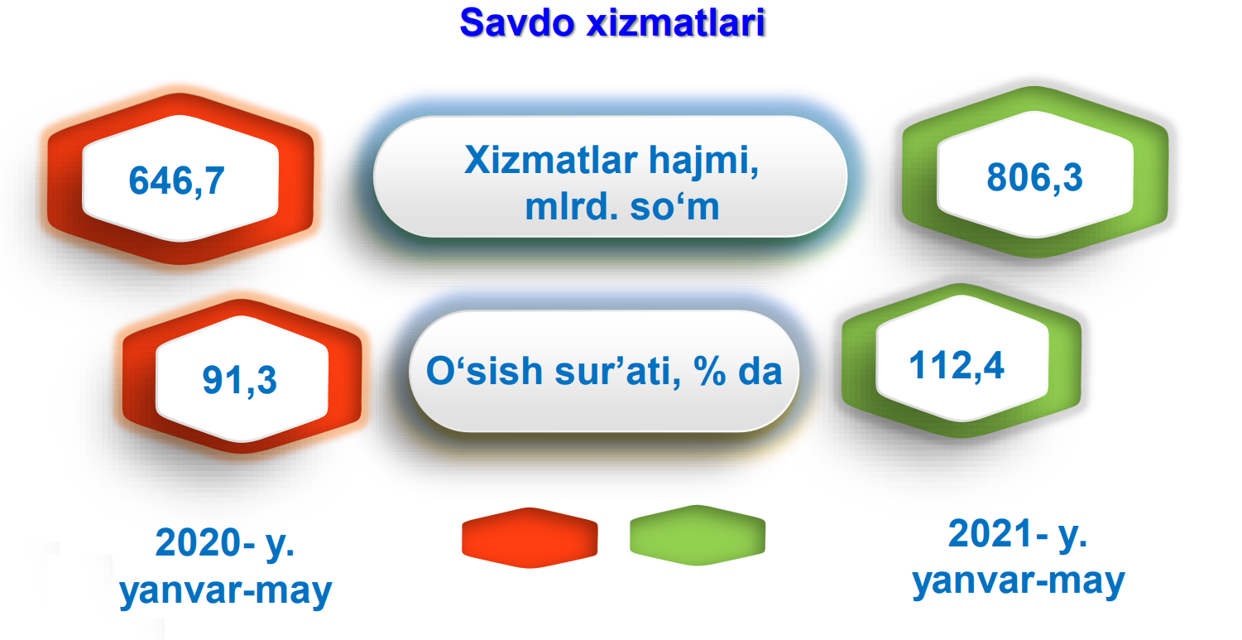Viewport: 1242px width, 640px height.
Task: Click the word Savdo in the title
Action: click(x=516, y=23)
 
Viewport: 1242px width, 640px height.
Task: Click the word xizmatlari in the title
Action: click(x=676, y=22)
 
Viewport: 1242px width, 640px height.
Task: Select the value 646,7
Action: click(x=176, y=180)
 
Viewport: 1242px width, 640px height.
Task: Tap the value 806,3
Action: click(x=1034, y=177)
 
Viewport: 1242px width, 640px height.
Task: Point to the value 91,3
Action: click(x=239, y=381)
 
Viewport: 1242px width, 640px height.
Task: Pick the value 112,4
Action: click(x=957, y=365)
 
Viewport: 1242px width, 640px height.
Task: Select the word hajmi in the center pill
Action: click(x=704, y=161)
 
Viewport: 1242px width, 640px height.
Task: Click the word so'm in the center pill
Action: click(x=674, y=207)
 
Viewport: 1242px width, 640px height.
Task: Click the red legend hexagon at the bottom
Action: click(x=530, y=537)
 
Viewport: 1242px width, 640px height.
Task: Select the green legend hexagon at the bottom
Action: click(x=698, y=535)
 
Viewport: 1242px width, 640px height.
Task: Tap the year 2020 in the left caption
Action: click(x=198, y=542)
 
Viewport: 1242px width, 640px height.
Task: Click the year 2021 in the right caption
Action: click(x=990, y=533)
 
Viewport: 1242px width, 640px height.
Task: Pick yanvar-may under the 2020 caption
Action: click(x=226, y=591)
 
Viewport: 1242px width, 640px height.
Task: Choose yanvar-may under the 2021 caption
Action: click(x=1019, y=582)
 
